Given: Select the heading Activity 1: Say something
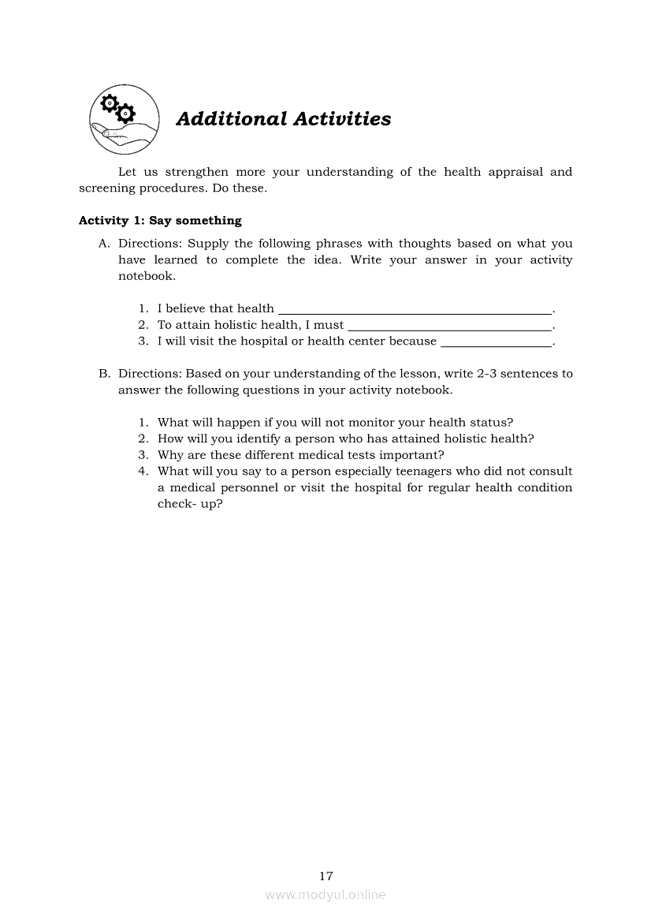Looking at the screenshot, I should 160,221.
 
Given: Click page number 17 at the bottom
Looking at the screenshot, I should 326,875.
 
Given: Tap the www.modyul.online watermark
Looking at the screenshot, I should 325,895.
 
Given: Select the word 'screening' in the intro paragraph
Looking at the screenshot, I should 106,189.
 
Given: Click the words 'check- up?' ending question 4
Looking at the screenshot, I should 190,504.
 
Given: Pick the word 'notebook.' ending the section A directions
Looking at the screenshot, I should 147,277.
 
